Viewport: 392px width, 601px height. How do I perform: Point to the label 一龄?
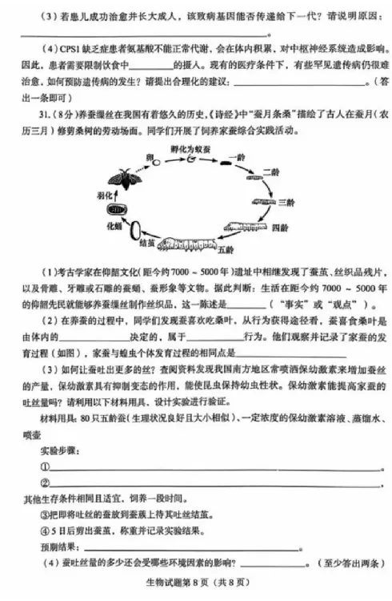click(x=234, y=157)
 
